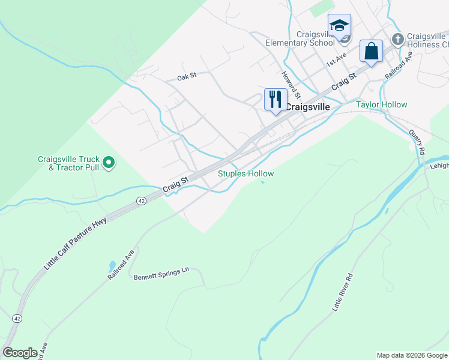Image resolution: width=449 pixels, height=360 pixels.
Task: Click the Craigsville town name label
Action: point(307,107)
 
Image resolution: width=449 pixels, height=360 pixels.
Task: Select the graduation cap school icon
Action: point(339,26)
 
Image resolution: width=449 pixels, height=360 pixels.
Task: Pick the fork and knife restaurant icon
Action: point(276,99)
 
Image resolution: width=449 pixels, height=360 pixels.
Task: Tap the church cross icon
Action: point(397,39)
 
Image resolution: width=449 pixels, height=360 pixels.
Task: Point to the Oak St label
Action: point(187,77)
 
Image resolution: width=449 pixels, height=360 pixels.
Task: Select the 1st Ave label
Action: point(336,59)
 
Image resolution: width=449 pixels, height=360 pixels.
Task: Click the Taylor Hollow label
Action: point(381,104)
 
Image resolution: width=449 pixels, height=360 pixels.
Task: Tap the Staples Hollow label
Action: point(246,174)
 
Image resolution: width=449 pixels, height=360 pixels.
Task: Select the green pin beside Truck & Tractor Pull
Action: point(109,162)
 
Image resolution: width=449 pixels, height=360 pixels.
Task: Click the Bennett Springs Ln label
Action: point(161,274)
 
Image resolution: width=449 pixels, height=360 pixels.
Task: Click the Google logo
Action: point(20,353)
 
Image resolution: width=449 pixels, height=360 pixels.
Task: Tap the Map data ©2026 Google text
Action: point(411,355)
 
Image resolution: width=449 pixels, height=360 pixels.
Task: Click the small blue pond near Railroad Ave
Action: point(112,265)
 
